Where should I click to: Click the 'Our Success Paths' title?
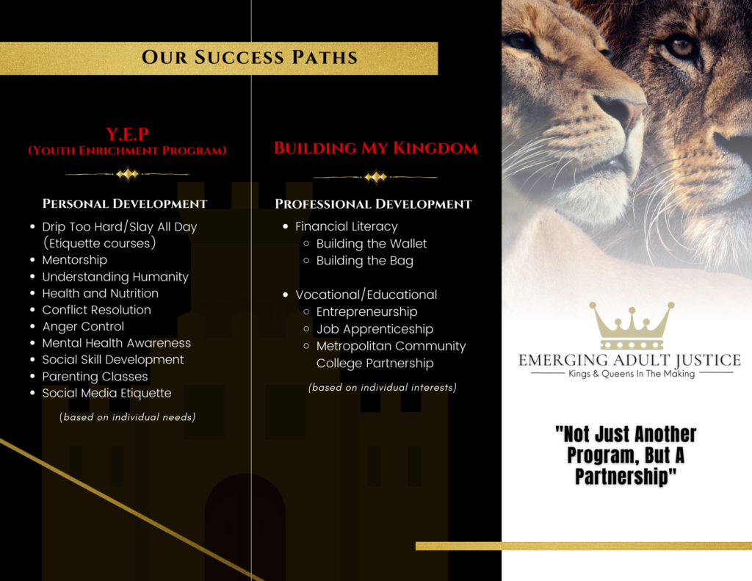point(250,57)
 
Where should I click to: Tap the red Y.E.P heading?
point(128,134)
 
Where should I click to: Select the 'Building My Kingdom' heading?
point(375,148)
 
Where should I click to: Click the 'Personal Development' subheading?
point(125,203)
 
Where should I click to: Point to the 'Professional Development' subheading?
point(373,204)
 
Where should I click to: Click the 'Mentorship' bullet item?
point(75,260)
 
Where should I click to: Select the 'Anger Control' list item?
point(83,327)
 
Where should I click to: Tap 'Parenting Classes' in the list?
point(95,377)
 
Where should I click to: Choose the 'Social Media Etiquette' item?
point(106,393)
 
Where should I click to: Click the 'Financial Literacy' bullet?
point(347,226)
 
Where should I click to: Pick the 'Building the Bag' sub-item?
point(364,261)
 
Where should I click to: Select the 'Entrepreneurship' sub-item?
point(367,312)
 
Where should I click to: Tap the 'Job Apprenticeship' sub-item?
point(375,329)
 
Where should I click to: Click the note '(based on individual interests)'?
point(382,388)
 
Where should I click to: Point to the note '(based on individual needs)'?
point(127,417)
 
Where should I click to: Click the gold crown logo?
point(632,326)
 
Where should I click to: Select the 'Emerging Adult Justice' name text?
point(629,361)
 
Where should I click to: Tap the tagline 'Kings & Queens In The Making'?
point(632,374)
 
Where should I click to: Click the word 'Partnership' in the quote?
point(626,477)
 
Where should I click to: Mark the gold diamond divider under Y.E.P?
point(128,174)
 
